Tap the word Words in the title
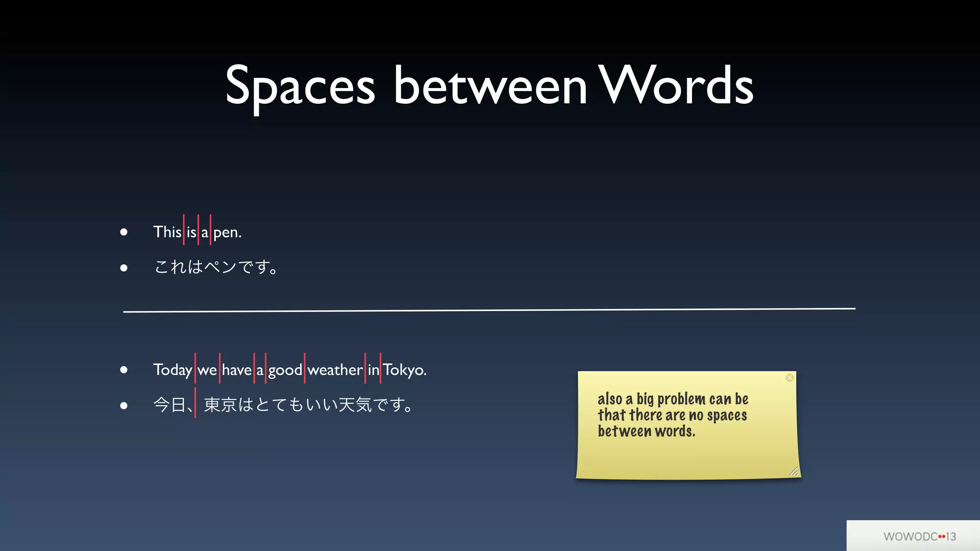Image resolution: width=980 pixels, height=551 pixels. pyautogui.click(x=676, y=86)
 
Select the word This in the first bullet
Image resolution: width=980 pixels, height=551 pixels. pyautogui.click(x=167, y=232)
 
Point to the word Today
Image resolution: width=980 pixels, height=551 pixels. pyautogui.click(x=172, y=370)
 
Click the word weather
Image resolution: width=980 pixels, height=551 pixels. pyautogui.click(x=334, y=370)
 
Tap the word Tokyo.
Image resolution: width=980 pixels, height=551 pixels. pyautogui.click(x=404, y=370)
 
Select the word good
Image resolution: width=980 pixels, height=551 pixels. pyautogui.click(x=285, y=370)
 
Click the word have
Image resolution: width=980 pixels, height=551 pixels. pyautogui.click(x=236, y=370)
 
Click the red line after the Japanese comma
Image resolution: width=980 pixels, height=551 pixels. pyautogui.click(x=195, y=403)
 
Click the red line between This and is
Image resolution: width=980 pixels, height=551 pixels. pyautogui.click(x=184, y=230)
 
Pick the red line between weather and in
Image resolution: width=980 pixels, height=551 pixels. pyautogui.click(x=365, y=368)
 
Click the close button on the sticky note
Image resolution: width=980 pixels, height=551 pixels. pyautogui.click(x=790, y=378)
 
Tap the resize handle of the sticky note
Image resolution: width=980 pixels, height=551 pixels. pyautogui.click(x=794, y=472)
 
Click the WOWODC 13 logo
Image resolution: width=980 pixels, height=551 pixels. pyautogui.click(x=919, y=536)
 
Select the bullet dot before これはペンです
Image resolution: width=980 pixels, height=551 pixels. pyautogui.click(x=124, y=268)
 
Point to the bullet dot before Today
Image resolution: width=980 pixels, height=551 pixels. pyautogui.click(x=124, y=370)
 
